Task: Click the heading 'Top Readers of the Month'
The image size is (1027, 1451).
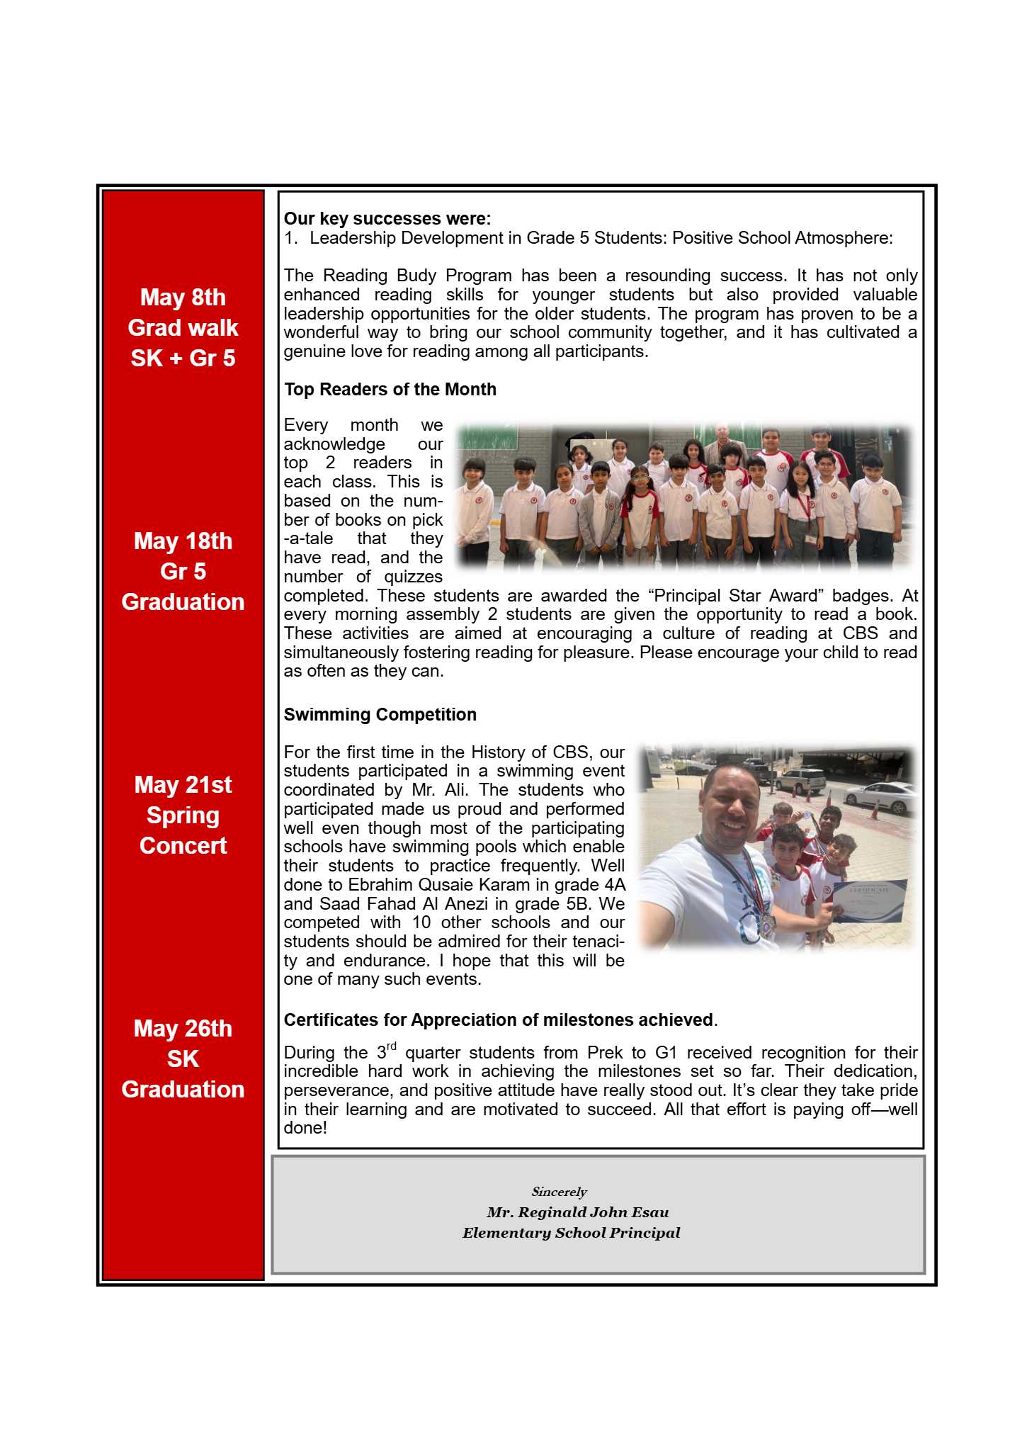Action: coord(390,390)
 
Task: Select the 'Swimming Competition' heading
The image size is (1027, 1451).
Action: coord(380,715)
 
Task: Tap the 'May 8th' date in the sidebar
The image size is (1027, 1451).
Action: coord(183,298)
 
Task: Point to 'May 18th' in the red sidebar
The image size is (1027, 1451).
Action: coord(183,541)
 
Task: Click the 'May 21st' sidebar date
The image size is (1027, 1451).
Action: coord(183,785)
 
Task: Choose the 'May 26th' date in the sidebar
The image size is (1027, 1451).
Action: coord(183,1029)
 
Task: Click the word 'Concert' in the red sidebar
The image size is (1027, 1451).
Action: coord(183,846)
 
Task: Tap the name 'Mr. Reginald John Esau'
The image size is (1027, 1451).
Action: coord(577,1212)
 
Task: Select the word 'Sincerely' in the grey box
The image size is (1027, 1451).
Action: coord(559,1192)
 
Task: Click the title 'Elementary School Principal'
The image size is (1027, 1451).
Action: coord(571,1233)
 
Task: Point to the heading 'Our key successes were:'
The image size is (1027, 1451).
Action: coord(387,219)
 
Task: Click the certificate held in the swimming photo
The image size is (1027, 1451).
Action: coord(868,901)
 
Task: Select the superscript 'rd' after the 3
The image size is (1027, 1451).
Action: coord(391,1046)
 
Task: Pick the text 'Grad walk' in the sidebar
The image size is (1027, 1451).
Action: coord(183,328)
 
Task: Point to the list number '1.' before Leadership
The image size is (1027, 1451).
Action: coord(290,238)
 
